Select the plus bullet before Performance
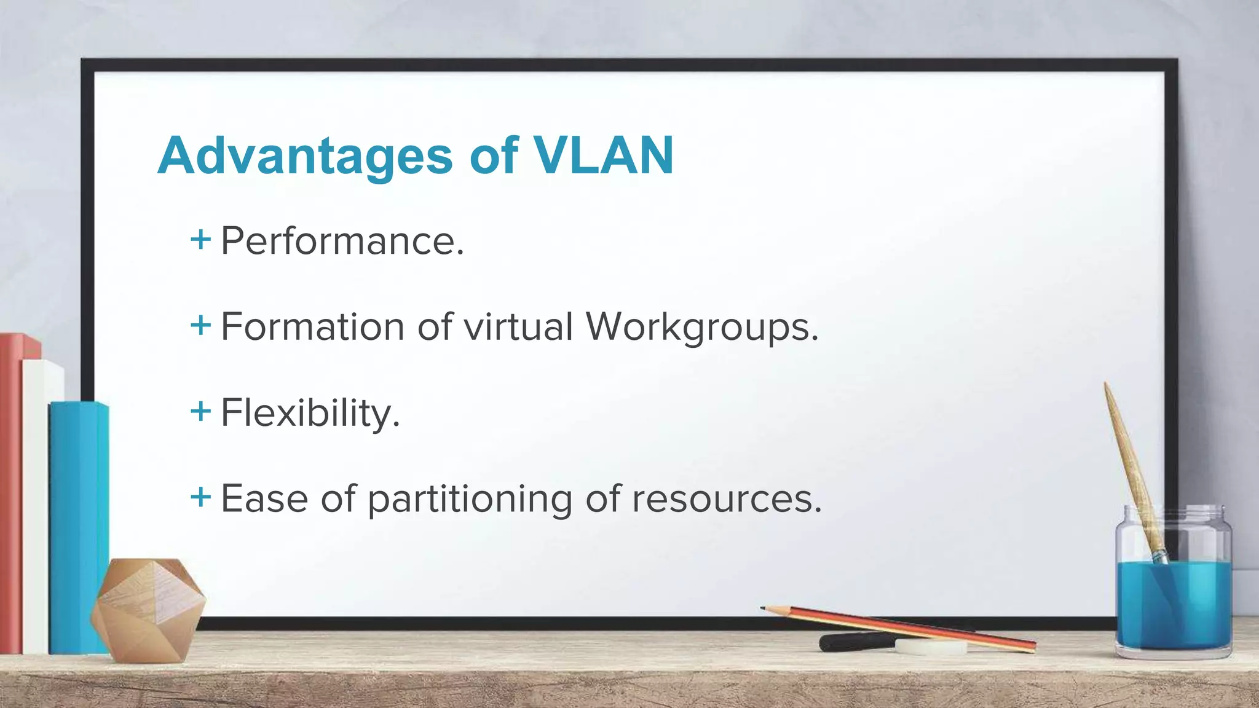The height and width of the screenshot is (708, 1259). tap(200, 239)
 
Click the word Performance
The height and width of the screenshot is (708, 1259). tap(342, 241)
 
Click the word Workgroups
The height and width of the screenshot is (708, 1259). tap(701, 328)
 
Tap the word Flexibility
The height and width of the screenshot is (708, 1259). tap(310, 413)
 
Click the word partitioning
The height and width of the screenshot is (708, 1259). tap(470, 499)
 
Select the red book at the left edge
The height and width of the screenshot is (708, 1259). tap(11, 492)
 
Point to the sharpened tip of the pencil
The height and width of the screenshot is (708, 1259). tap(764, 608)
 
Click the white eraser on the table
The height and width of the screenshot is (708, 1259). tap(930, 646)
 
